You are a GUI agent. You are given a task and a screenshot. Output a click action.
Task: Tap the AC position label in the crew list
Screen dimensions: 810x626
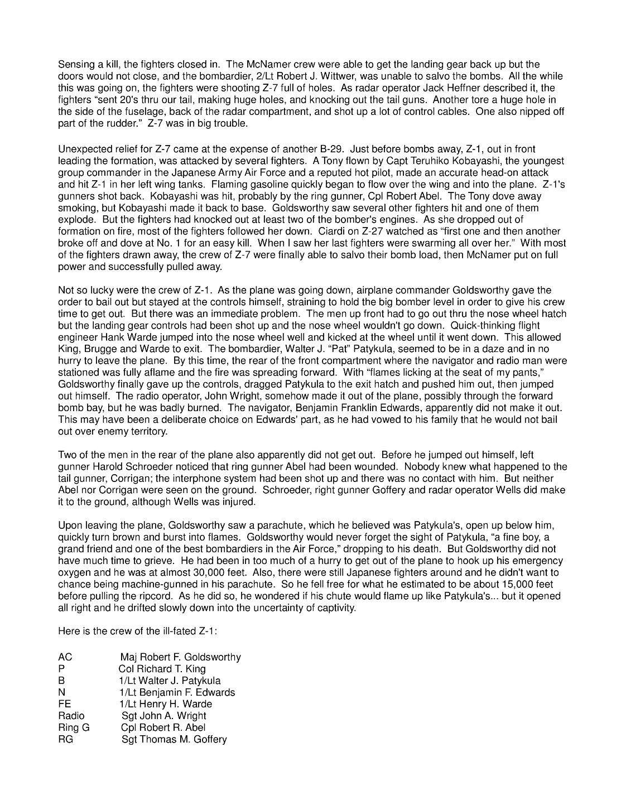pos(65,657)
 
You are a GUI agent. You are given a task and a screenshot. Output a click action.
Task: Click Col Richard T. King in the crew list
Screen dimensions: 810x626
pos(162,669)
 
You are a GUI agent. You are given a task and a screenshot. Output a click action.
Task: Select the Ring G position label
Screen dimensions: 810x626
pos(74,728)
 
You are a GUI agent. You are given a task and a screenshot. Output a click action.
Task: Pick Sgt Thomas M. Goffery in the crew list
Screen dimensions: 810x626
pos(174,740)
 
